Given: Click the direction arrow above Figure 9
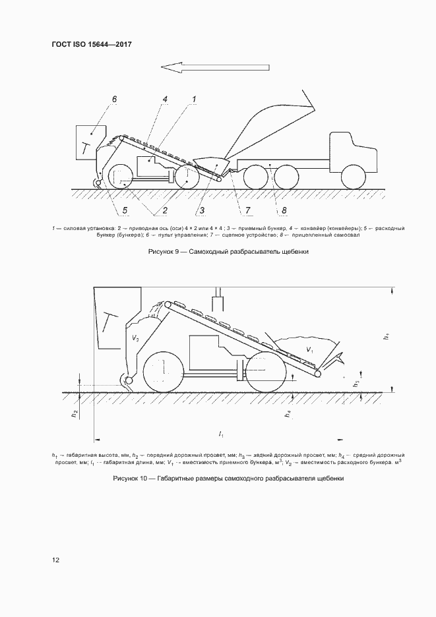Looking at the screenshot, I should (214, 67).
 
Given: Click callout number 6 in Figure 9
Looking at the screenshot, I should (114, 99).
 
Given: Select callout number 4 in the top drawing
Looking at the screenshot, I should (165, 99).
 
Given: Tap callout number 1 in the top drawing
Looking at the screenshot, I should (194, 99).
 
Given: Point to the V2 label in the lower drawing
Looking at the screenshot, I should (135, 338).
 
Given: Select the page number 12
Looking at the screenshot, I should (56, 560).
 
